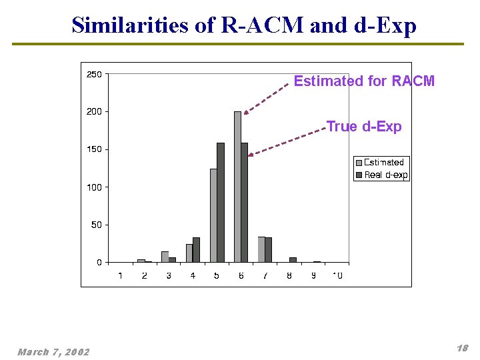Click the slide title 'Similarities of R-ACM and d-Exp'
[x=244, y=25]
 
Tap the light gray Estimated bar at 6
[x=237, y=187]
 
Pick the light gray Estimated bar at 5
[x=213, y=215]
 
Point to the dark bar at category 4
[x=196, y=250]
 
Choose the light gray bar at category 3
[x=165, y=257]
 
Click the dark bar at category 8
[x=293, y=259]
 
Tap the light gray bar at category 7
[x=261, y=249]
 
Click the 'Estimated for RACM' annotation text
[x=364, y=81]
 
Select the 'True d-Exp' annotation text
[x=364, y=127]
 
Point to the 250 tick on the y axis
[x=95, y=74]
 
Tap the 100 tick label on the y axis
[x=95, y=187]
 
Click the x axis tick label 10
[x=337, y=276]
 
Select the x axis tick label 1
[x=120, y=276]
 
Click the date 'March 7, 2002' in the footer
[x=53, y=351]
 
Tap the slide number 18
[x=462, y=348]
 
